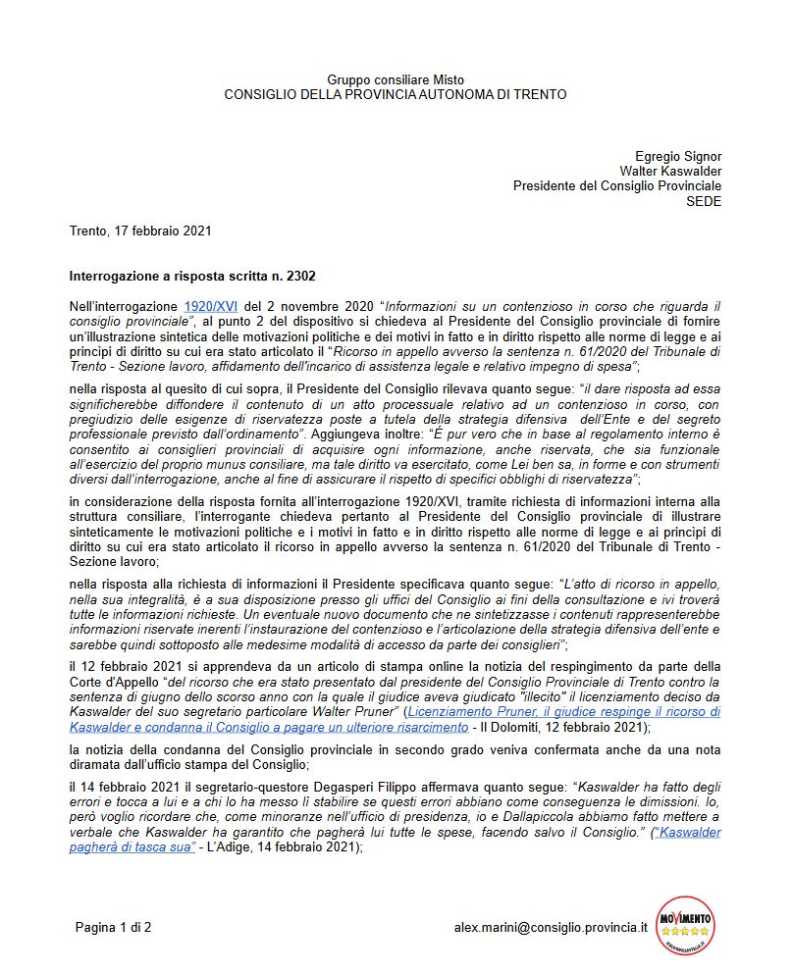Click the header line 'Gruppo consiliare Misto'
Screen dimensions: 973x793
396,79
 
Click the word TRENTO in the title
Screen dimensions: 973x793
538,94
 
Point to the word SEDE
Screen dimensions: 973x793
704,200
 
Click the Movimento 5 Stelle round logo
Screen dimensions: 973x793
685,925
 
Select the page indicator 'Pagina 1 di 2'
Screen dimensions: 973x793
113,926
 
